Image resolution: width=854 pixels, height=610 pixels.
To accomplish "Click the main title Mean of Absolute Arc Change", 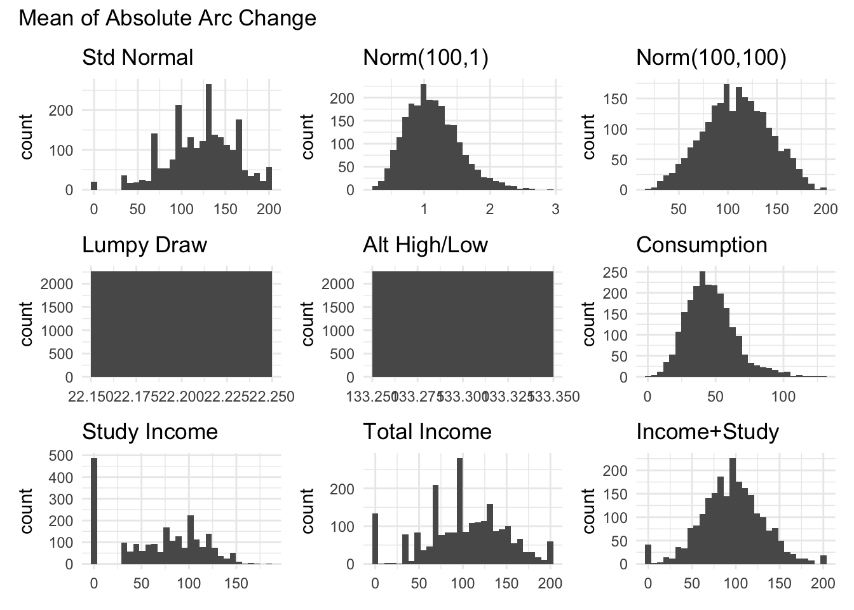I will tap(167, 18).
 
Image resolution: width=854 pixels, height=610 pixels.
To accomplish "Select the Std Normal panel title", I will tap(137, 58).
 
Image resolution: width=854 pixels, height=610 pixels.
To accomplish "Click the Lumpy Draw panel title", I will tap(144, 245).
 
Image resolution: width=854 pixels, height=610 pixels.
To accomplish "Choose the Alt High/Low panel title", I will tap(425, 245).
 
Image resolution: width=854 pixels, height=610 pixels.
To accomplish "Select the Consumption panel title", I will tap(701, 245).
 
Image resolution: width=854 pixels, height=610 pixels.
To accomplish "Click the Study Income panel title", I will tap(150, 432).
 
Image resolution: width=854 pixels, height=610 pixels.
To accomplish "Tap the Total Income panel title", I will tap(427, 432).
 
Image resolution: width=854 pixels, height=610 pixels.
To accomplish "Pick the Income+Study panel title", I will tap(707, 432).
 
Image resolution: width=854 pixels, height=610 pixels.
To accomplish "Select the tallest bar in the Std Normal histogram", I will tap(208, 137).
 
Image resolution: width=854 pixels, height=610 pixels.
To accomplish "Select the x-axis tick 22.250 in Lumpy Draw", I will tap(272, 397).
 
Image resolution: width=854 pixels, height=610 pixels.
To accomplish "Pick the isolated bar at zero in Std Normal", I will tap(94, 186).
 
